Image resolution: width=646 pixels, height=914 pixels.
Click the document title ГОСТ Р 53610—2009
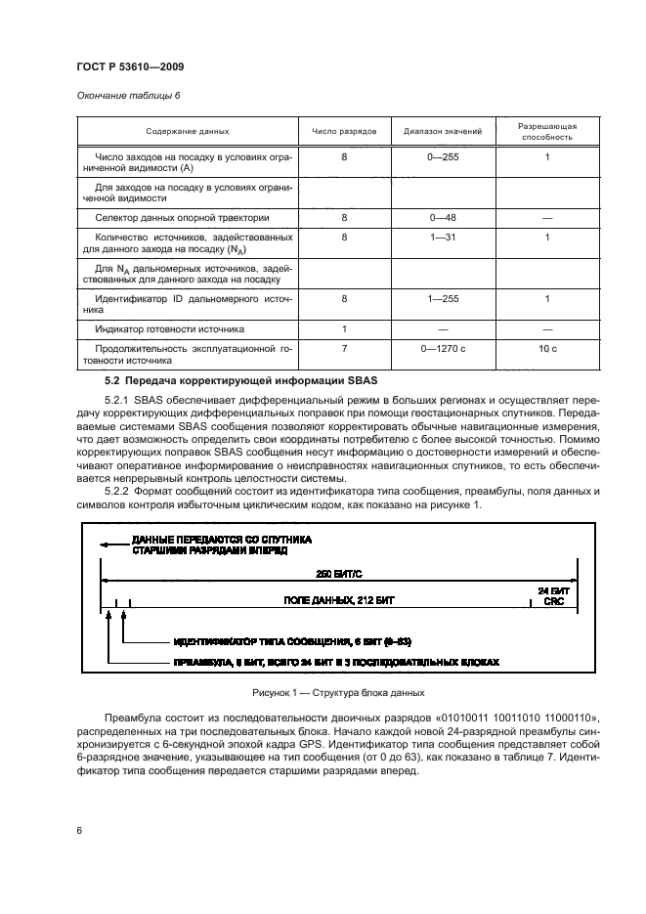(x=130, y=65)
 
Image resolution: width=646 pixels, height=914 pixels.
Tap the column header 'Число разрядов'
(x=343, y=132)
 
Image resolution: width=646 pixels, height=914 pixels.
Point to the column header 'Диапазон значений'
(x=443, y=132)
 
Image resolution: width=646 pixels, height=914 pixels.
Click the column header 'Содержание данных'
(x=188, y=132)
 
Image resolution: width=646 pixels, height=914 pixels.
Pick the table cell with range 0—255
(x=443, y=156)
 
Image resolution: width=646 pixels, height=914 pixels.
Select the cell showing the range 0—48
(x=443, y=217)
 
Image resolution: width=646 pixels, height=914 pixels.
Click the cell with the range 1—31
(x=443, y=238)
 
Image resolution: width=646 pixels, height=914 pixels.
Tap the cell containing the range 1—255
(x=443, y=298)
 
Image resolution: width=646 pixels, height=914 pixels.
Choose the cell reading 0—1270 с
(x=443, y=349)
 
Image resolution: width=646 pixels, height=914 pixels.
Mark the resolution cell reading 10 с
(x=547, y=349)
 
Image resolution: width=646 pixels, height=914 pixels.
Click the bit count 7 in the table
(x=344, y=349)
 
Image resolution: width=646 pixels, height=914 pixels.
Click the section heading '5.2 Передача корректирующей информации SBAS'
(x=233, y=378)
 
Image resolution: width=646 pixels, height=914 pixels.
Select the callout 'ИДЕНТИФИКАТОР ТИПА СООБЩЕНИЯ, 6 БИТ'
(x=292, y=641)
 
